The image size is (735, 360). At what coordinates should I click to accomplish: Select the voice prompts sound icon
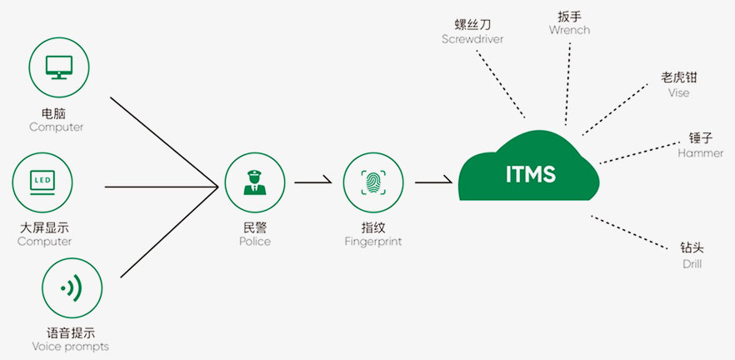pos(72,288)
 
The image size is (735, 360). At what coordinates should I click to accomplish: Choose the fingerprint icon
pos(373,182)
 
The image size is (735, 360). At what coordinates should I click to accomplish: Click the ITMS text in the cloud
pos(531,175)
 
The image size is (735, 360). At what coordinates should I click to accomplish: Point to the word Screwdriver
pos(473,39)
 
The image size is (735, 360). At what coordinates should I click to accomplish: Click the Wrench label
pos(570,30)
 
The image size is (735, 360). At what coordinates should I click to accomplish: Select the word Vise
pos(679,92)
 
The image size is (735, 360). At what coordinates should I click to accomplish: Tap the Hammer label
pos(700,153)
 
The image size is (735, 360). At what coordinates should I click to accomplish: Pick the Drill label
pos(692,263)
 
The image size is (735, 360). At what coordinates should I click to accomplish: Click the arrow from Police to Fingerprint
pos(314,181)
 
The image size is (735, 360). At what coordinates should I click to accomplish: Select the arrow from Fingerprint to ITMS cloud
pos(432,181)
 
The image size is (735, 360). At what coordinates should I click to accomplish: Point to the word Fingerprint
pos(373,242)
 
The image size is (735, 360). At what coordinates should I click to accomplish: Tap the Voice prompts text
pos(70,346)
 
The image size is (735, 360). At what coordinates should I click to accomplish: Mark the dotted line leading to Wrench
pos(568,83)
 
